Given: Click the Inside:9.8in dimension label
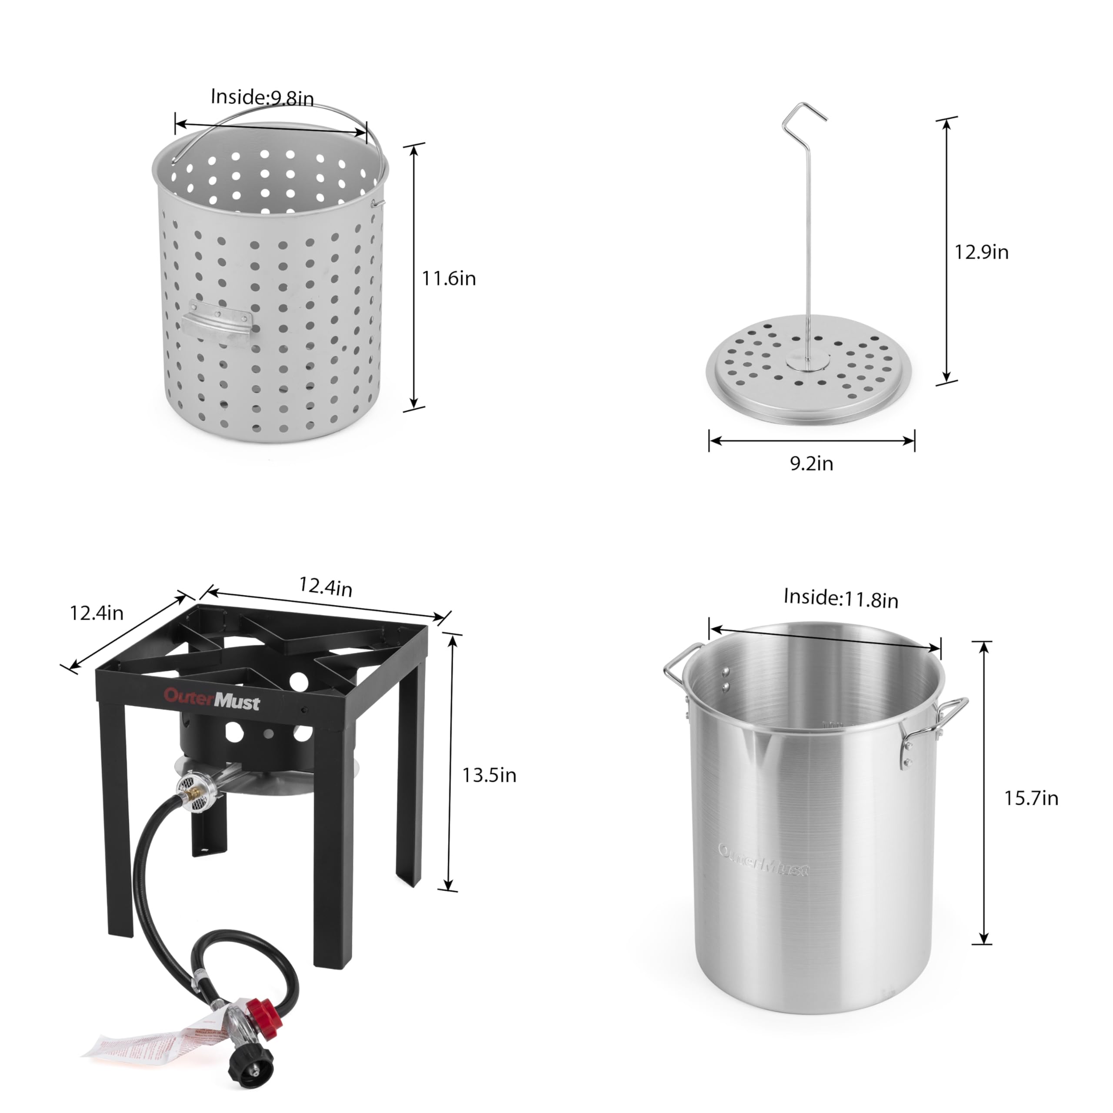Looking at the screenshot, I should pyautogui.click(x=262, y=97).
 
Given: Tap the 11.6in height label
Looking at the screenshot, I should pyautogui.click(x=449, y=279).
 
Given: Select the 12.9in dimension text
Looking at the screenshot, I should pyautogui.click(x=981, y=252).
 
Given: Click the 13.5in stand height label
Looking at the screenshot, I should pyautogui.click(x=489, y=776).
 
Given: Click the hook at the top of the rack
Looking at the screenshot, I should pyautogui.click(x=803, y=113).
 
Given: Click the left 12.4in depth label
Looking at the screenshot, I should pyautogui.click(x=97, y=613).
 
